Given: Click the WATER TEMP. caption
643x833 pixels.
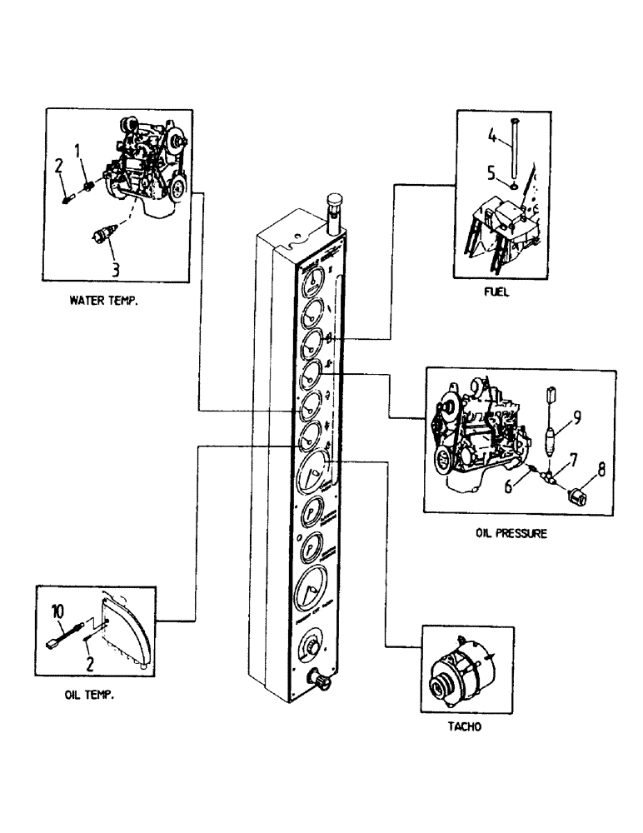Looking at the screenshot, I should point(104,303).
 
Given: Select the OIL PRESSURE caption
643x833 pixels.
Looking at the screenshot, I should point(511,535).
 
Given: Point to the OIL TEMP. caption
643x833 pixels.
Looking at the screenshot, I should point(89,694).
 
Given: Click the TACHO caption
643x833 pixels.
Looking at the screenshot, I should point(469,726).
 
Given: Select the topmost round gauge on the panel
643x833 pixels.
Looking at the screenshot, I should point(311,287).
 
